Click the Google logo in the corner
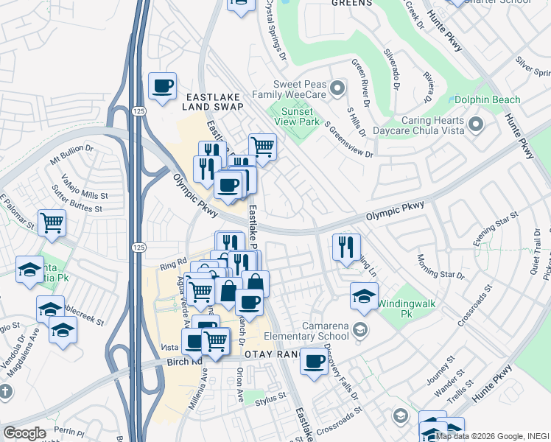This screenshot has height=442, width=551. pyautogui.click(x=24, y=433)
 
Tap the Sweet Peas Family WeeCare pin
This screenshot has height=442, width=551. pyautogui.click(x=337, y=89)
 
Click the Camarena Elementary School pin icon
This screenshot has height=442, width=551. pyautogui.click(x=360, y=328)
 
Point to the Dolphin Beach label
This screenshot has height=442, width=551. pyautogui.click(x=487, y=99)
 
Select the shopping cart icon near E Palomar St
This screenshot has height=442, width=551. pyautogui.click(x=52, y=222)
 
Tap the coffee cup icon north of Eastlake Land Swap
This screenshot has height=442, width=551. pyautogui.click(x=162, y=85)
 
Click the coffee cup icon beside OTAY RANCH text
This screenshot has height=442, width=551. pyautogui.click(x=314, y=362)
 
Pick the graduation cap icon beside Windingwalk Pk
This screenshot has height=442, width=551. pyautogui.click(x=364, y=295)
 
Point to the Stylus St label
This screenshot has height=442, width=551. pyautogui.click(x=270, y=397)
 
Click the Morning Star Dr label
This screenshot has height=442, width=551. pyautogui.click(x=441, y=266)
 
